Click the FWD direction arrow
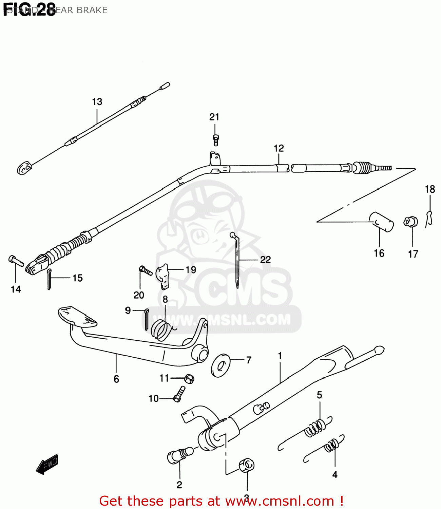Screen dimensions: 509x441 (47, 464)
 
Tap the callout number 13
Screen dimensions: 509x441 (97, 101)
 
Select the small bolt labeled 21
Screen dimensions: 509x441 (215, 140)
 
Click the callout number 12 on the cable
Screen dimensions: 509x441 (279, 148)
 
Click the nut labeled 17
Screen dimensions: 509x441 (410, 222)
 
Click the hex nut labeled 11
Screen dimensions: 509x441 (189, 378)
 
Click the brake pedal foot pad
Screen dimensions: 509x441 (77, 316)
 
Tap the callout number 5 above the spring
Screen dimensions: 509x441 (319, 395)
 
